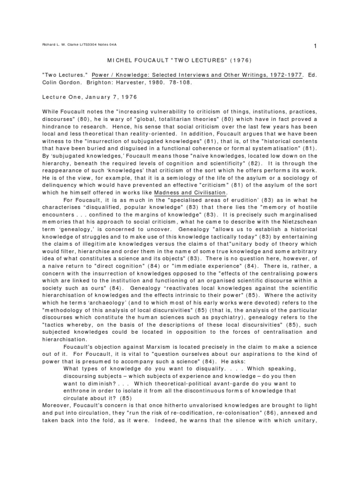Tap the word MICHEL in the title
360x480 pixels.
[x=126, y=60]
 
